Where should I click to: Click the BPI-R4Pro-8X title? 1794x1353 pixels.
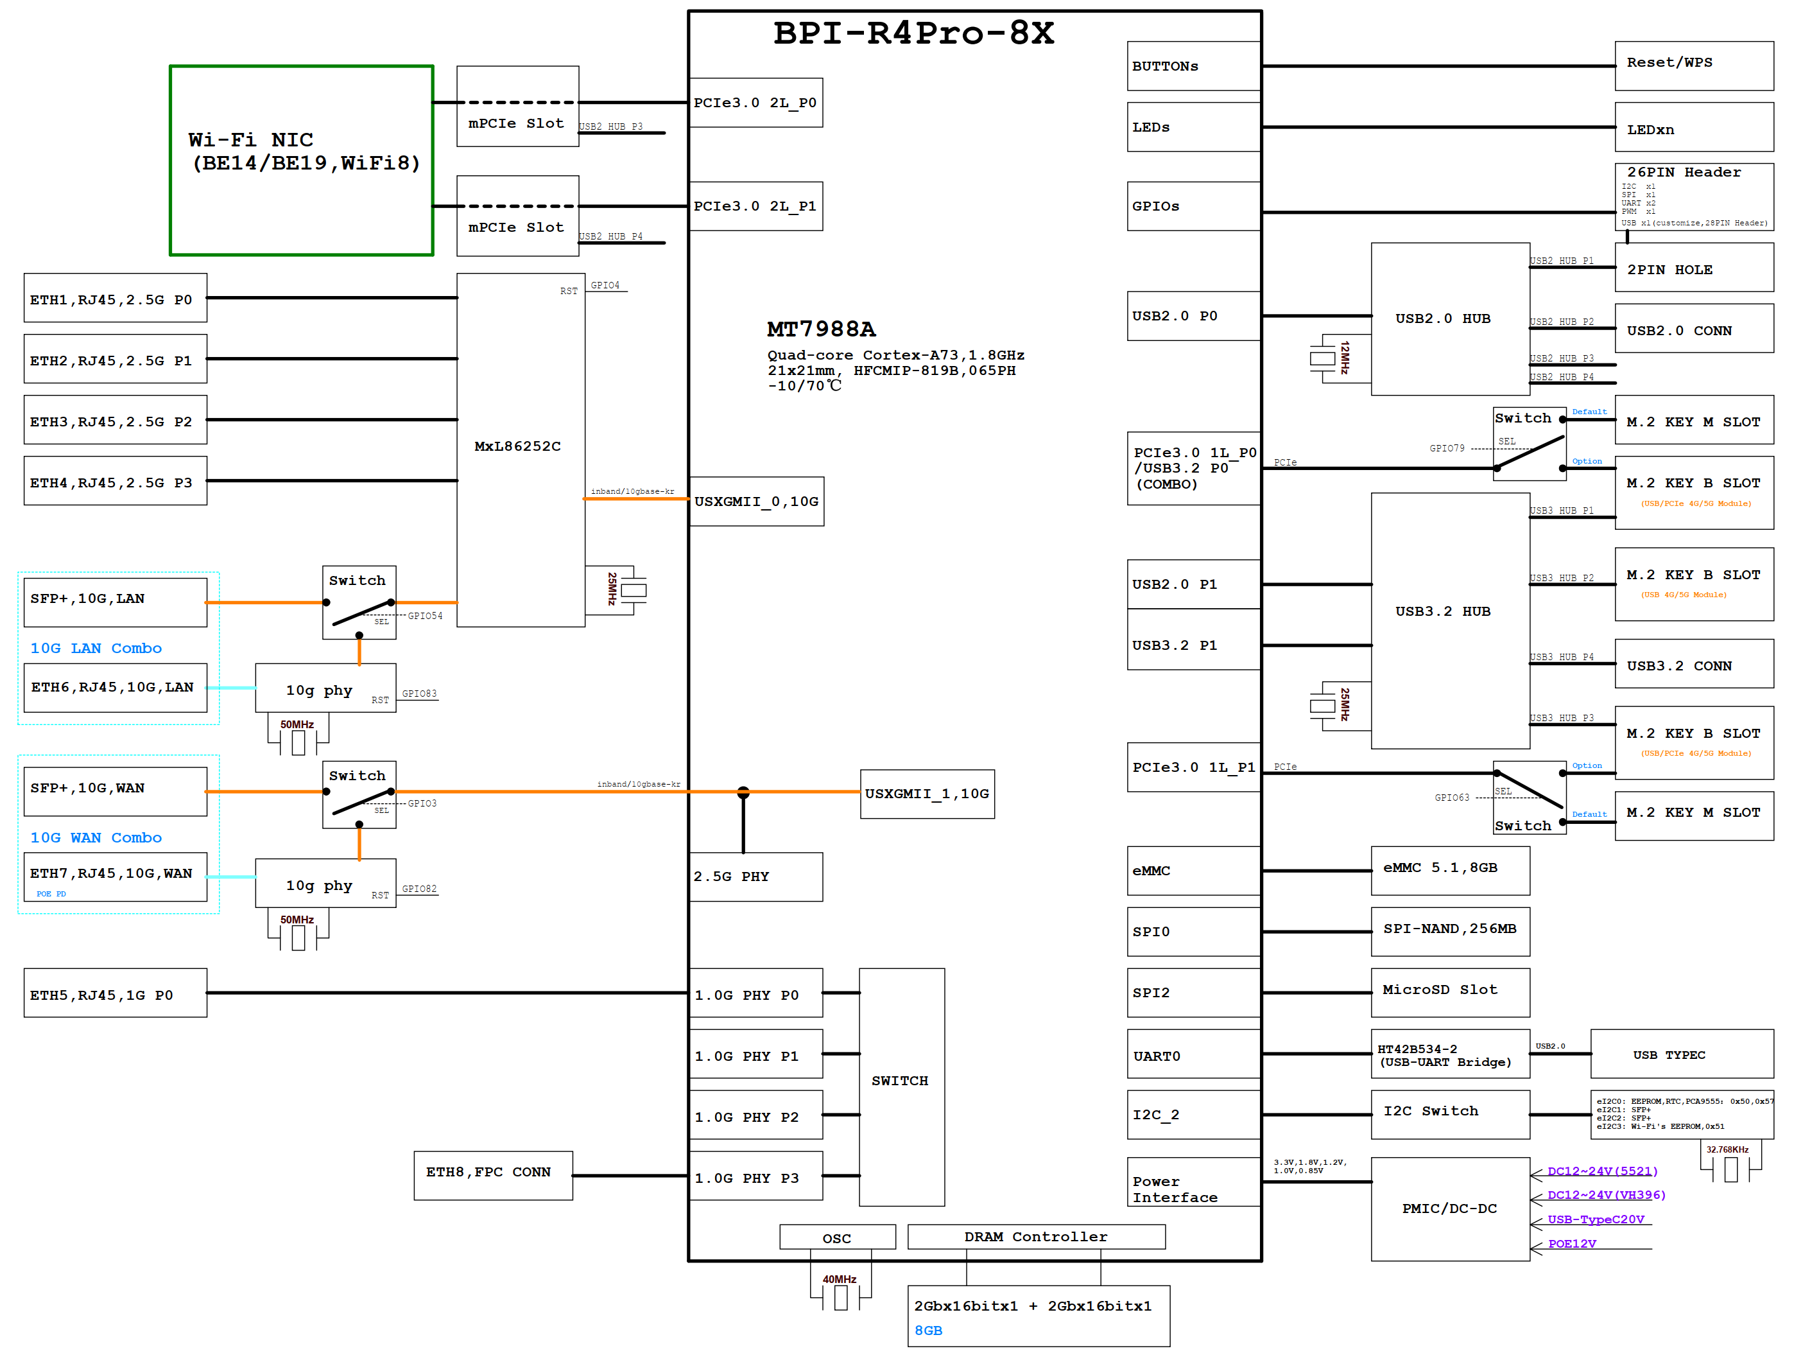[913, 34]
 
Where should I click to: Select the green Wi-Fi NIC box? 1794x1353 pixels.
[301, 161]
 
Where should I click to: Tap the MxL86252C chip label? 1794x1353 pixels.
[517, 446]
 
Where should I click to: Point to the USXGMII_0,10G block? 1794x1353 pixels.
[756, 502]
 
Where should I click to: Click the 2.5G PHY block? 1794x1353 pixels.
[755, 876]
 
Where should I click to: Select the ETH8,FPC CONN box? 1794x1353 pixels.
[493, 1174]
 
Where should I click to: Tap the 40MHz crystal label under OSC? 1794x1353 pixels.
[840, 1279]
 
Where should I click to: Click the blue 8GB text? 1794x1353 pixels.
[928, 1331]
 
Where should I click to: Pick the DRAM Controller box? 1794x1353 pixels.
[1036, 1236]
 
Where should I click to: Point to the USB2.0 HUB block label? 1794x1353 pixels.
[1442, 319]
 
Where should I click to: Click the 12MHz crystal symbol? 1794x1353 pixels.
[1323, 358]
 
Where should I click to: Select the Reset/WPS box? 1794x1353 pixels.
[1693, 65]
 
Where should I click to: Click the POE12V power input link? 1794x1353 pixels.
[1571, 1243]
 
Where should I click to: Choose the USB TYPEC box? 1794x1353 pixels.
[1680, 1054]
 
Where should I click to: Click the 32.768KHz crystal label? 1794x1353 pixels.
[1727, 1149]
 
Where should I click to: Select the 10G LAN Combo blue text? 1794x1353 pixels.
[96, 648]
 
